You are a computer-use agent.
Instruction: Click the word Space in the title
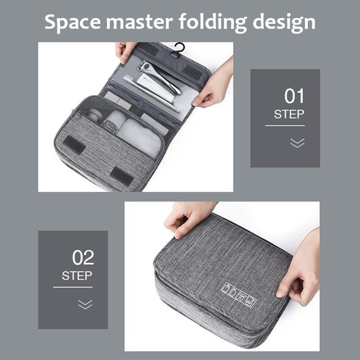73,22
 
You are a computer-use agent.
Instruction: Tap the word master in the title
139,22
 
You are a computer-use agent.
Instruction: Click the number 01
294,96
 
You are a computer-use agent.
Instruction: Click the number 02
83,257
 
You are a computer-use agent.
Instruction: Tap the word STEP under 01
289,114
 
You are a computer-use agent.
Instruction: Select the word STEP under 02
77,275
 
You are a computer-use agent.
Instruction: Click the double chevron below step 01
297,143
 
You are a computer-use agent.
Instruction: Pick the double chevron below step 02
85,305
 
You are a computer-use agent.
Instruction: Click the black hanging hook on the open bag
179,49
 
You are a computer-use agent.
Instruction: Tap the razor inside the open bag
159,76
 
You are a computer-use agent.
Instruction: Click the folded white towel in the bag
139,137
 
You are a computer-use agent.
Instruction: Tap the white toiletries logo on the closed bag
238,295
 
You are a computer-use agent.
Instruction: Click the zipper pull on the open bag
76,114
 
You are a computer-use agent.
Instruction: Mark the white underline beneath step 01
285,126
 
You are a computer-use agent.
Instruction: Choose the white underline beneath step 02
73,287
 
